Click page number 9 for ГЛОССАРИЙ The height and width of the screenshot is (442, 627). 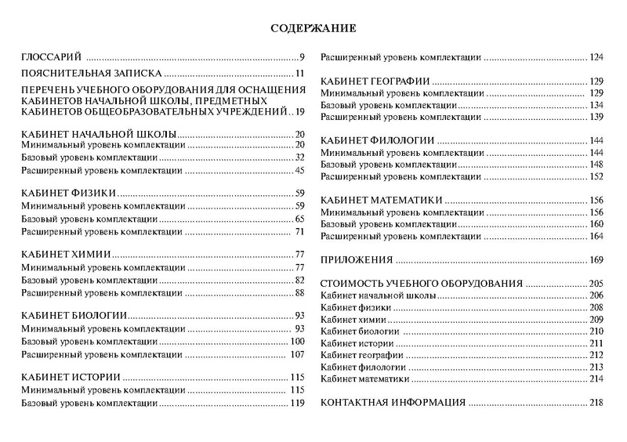tap(301, 58)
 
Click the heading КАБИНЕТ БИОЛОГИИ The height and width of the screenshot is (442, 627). tap(73, 315)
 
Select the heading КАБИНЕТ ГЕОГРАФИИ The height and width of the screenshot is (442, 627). tap(373, 82)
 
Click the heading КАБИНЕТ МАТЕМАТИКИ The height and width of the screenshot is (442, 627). tap(379, 200)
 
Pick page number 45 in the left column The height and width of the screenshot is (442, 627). tap(299, 171)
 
